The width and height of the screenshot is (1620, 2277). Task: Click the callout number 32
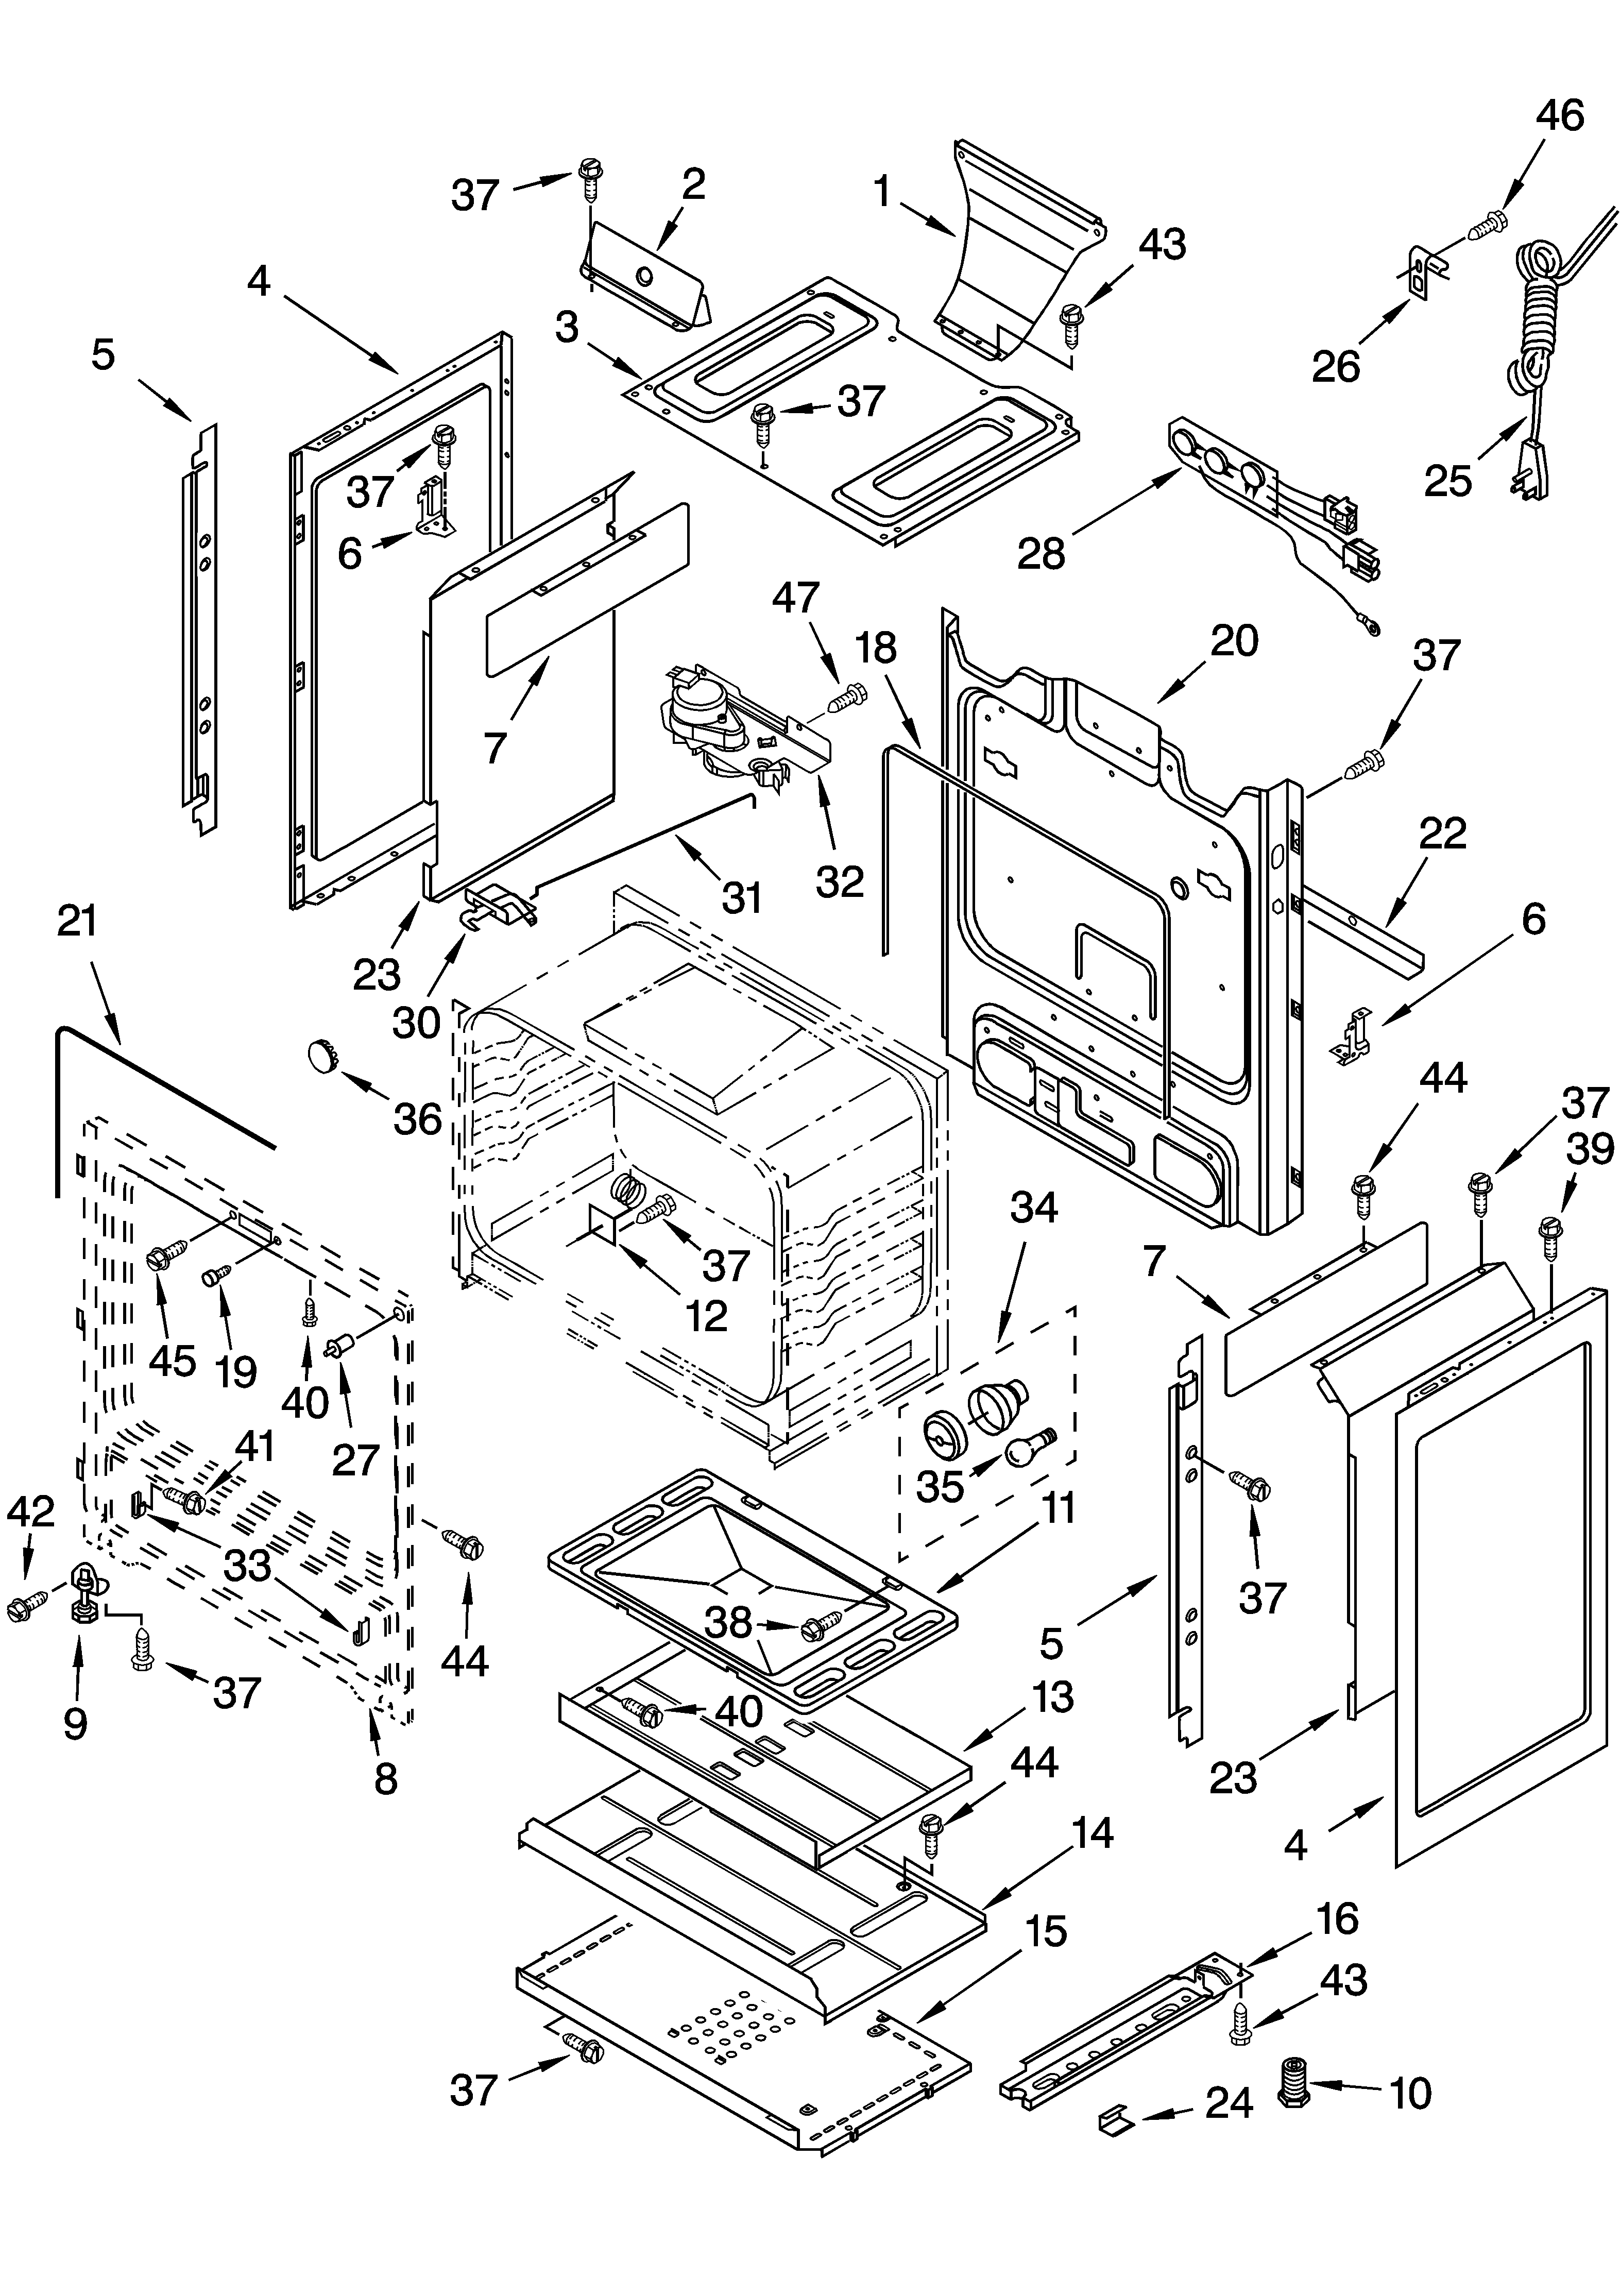[x=839, y=881]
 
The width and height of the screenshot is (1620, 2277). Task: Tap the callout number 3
[x=567, y=326]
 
